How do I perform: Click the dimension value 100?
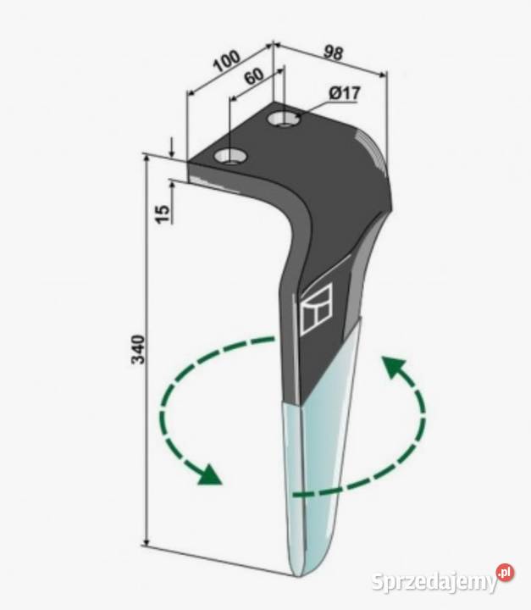pos(227,61)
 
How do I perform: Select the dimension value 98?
pos(333,53)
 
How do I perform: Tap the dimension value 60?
pos(254,76)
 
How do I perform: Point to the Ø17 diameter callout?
pos(344,94)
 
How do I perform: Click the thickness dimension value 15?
pos(163,214)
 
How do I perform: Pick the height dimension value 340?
pos(139,349)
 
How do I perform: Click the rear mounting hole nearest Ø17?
pos(284,119)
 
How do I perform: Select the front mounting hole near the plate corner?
pos(230,157)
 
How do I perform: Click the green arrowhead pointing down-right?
pos(209,475)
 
